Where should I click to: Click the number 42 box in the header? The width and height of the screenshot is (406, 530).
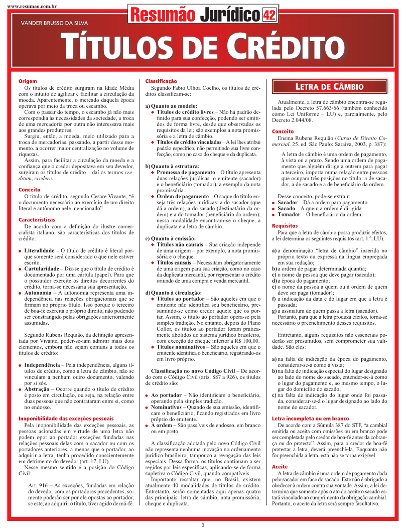coord(269,16)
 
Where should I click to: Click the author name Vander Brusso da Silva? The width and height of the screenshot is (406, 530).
coord(50,23)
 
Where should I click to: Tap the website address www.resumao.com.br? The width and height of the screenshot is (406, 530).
coord(31,6)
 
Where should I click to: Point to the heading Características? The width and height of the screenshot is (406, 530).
coord(37,220)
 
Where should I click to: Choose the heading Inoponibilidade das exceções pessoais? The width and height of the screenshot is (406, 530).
coord(66,418)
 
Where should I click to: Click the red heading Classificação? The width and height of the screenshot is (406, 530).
coord(161,81)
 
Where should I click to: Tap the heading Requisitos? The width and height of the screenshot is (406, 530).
coord(285,226)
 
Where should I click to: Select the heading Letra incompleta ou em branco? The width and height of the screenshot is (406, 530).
coord(310,418)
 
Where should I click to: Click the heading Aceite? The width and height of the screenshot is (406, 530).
coord(280,467)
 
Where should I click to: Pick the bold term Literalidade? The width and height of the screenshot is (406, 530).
coord(40,250)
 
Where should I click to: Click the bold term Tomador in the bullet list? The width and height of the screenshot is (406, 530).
coord(289,214)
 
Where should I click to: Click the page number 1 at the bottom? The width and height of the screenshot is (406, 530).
coord(203,525)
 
